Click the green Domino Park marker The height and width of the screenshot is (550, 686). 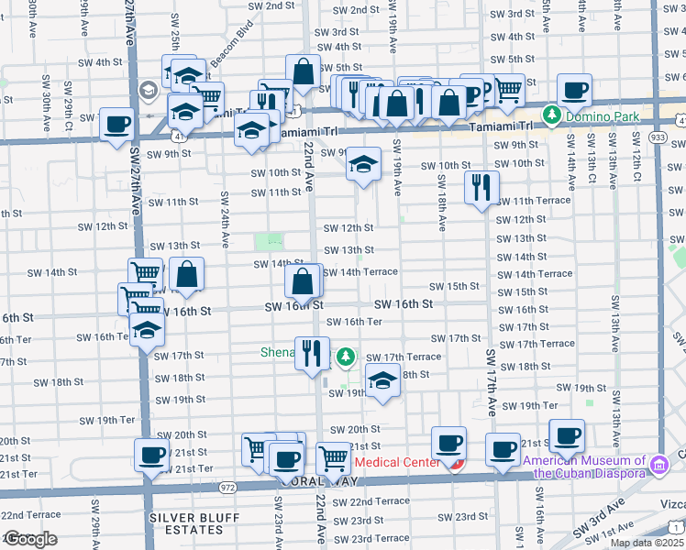tap(551, 115)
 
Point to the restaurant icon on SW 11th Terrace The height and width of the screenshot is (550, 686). tap(481, 188)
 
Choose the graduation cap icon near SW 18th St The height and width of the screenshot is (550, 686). tap(382, 380)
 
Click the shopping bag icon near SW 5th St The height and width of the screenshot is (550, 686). tap(303, 71)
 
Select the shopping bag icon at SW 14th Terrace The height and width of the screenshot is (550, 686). tap(303, 282)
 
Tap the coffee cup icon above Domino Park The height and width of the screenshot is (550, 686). tap(574, 90)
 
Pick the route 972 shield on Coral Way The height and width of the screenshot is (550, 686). tap(227, 487)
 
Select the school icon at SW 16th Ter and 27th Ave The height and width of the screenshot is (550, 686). tap(146, 332)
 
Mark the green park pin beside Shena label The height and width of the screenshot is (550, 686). tap(345, 356)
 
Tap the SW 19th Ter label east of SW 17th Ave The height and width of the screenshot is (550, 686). tap(537, 405)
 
